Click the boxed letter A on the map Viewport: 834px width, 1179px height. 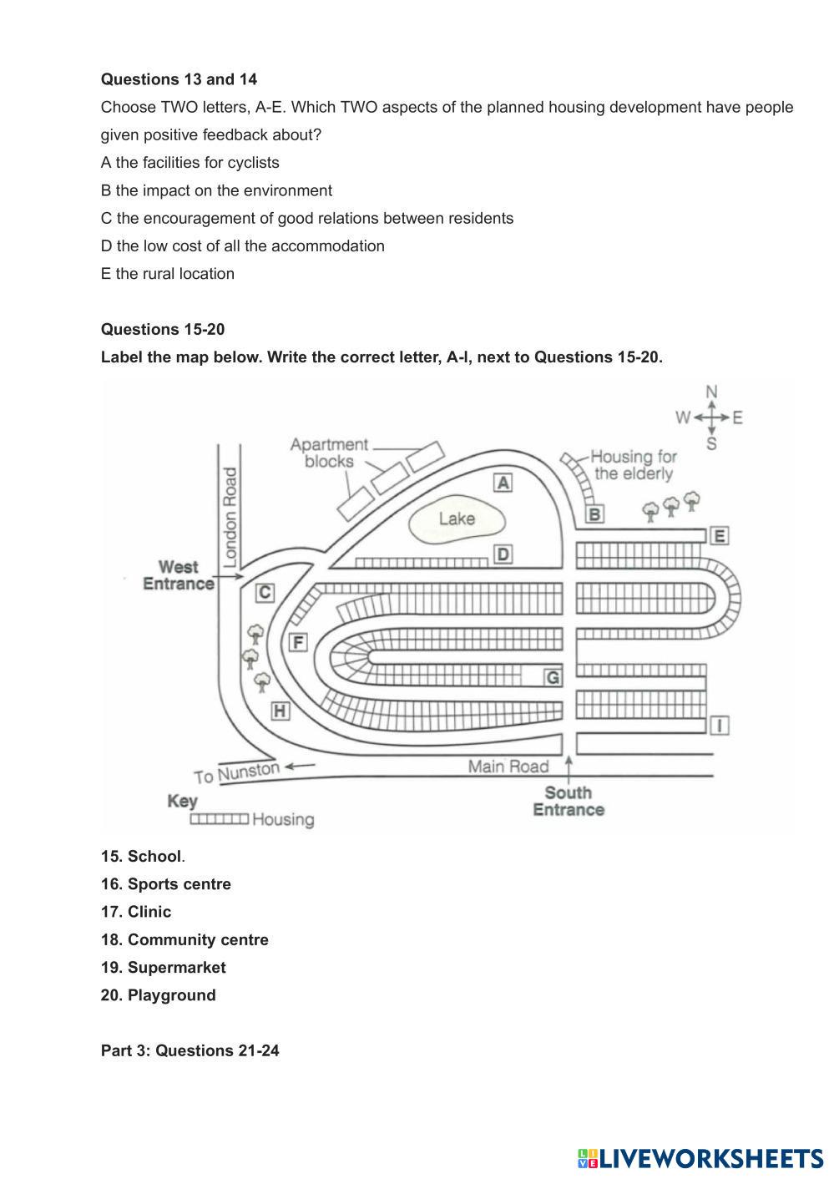tap(503, 483)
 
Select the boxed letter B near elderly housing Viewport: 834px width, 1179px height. tap(594, 514)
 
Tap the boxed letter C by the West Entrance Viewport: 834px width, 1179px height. tap(265, 593)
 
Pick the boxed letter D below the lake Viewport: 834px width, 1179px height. tap(503, 554)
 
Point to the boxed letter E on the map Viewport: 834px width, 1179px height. tap(719, 536)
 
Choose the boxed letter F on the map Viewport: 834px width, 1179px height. tap(297, 642)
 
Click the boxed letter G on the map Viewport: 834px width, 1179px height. tap(553, 677)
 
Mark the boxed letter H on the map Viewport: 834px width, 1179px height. tap(281, 711)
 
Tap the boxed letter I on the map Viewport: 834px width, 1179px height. tap(720, 725)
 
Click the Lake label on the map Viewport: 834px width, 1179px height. tap(457, 519)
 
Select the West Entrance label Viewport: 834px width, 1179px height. tap(179, 575)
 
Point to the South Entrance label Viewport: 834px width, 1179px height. tap(569, 801)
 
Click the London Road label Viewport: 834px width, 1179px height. tap(230, 514)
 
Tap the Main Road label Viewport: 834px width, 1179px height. tap(508, 766)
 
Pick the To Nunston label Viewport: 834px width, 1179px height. tap(237, 773)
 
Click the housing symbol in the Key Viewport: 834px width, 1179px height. tap(219, 819)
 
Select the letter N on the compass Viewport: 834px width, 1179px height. tap(711, 392)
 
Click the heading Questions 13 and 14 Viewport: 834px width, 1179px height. tap(179, 79)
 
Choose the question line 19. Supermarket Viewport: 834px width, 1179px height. tap(164, 967)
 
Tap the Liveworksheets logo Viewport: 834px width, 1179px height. tap(700, 1158)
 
